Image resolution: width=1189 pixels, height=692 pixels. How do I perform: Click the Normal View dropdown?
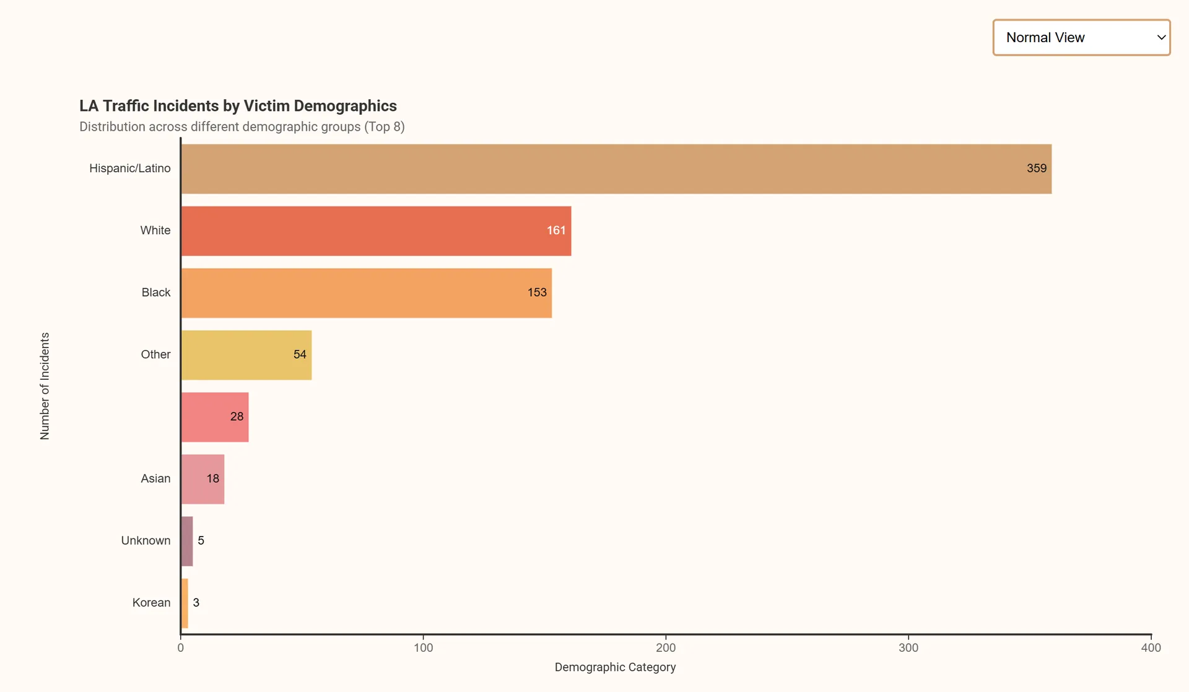point(1081,38)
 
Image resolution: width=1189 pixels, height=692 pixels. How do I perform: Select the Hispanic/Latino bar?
point(616,169)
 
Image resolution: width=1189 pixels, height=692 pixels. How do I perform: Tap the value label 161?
point(555,230)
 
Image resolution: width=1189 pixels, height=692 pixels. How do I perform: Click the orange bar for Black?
point(366,293)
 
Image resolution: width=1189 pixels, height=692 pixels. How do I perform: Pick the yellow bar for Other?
point(246,355)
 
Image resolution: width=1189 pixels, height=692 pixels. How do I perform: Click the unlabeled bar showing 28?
point(214,417)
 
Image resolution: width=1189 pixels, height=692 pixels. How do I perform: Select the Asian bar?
point(202,479)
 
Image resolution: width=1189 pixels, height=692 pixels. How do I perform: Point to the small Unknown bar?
point(187,541)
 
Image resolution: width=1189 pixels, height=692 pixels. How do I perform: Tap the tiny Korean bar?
point(185,603)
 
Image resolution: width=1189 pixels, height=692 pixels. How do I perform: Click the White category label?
point(155,230)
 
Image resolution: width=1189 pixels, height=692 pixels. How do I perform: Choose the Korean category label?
point(151,603)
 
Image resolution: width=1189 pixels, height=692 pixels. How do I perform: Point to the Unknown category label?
point(146,541)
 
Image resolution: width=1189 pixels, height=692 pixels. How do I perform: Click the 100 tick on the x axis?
point(424,647)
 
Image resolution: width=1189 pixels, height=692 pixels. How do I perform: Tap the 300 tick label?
point(908,647)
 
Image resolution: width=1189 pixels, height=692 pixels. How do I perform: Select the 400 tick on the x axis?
point(1151,647)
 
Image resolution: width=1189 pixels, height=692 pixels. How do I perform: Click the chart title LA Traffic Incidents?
point(238,106)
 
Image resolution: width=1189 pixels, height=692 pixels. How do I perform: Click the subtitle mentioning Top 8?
point(242,127)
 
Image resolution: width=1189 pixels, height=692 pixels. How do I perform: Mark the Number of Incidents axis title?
point(45,386)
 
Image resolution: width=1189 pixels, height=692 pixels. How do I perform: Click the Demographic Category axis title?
point(615,667)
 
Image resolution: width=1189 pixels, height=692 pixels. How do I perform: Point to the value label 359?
point(1036,169)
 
